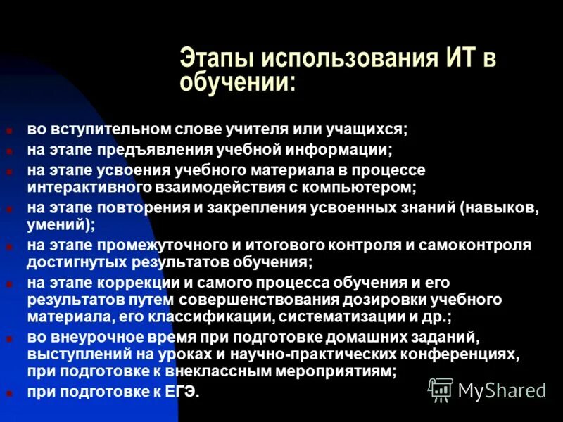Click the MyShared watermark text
click(x=502, y=390)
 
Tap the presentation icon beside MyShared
click(x=441, y=388)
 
